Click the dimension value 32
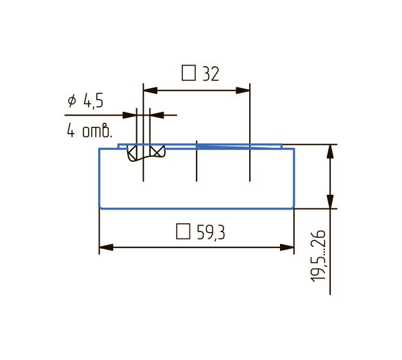(211, 74)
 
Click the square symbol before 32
(189, 73)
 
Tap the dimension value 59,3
(211, 233)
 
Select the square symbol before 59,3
(183, 231)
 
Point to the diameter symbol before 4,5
(72, 100)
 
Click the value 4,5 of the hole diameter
(93, 100)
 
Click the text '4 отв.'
(89, 130)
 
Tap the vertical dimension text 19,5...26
(318, 256)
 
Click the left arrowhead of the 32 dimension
(150, 90)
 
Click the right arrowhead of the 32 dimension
(243, 90)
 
